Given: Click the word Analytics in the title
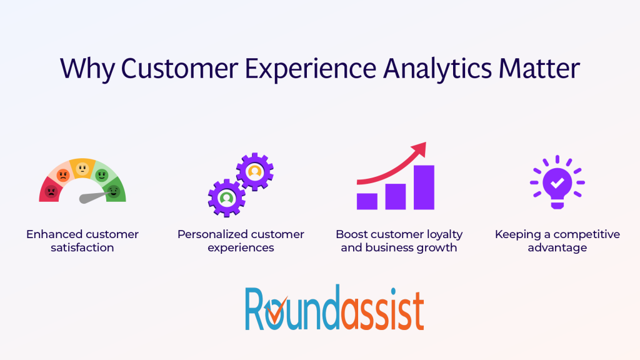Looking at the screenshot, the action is point(437,69).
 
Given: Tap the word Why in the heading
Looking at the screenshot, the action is point(87,69).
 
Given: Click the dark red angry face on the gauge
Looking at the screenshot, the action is point(51,191).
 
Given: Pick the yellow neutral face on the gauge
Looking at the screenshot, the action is point(82,169).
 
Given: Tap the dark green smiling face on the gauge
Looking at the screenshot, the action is point(114,191).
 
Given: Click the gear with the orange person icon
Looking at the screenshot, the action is point(255,172).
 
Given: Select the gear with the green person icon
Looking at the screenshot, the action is point(226,198).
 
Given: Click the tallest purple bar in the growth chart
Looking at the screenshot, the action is point(424,187).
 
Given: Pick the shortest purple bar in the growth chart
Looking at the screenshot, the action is point(367,201).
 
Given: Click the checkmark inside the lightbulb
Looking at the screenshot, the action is point(557,183).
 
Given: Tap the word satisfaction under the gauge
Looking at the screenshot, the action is point(82,247).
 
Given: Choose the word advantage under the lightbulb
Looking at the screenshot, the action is point(557,247).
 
